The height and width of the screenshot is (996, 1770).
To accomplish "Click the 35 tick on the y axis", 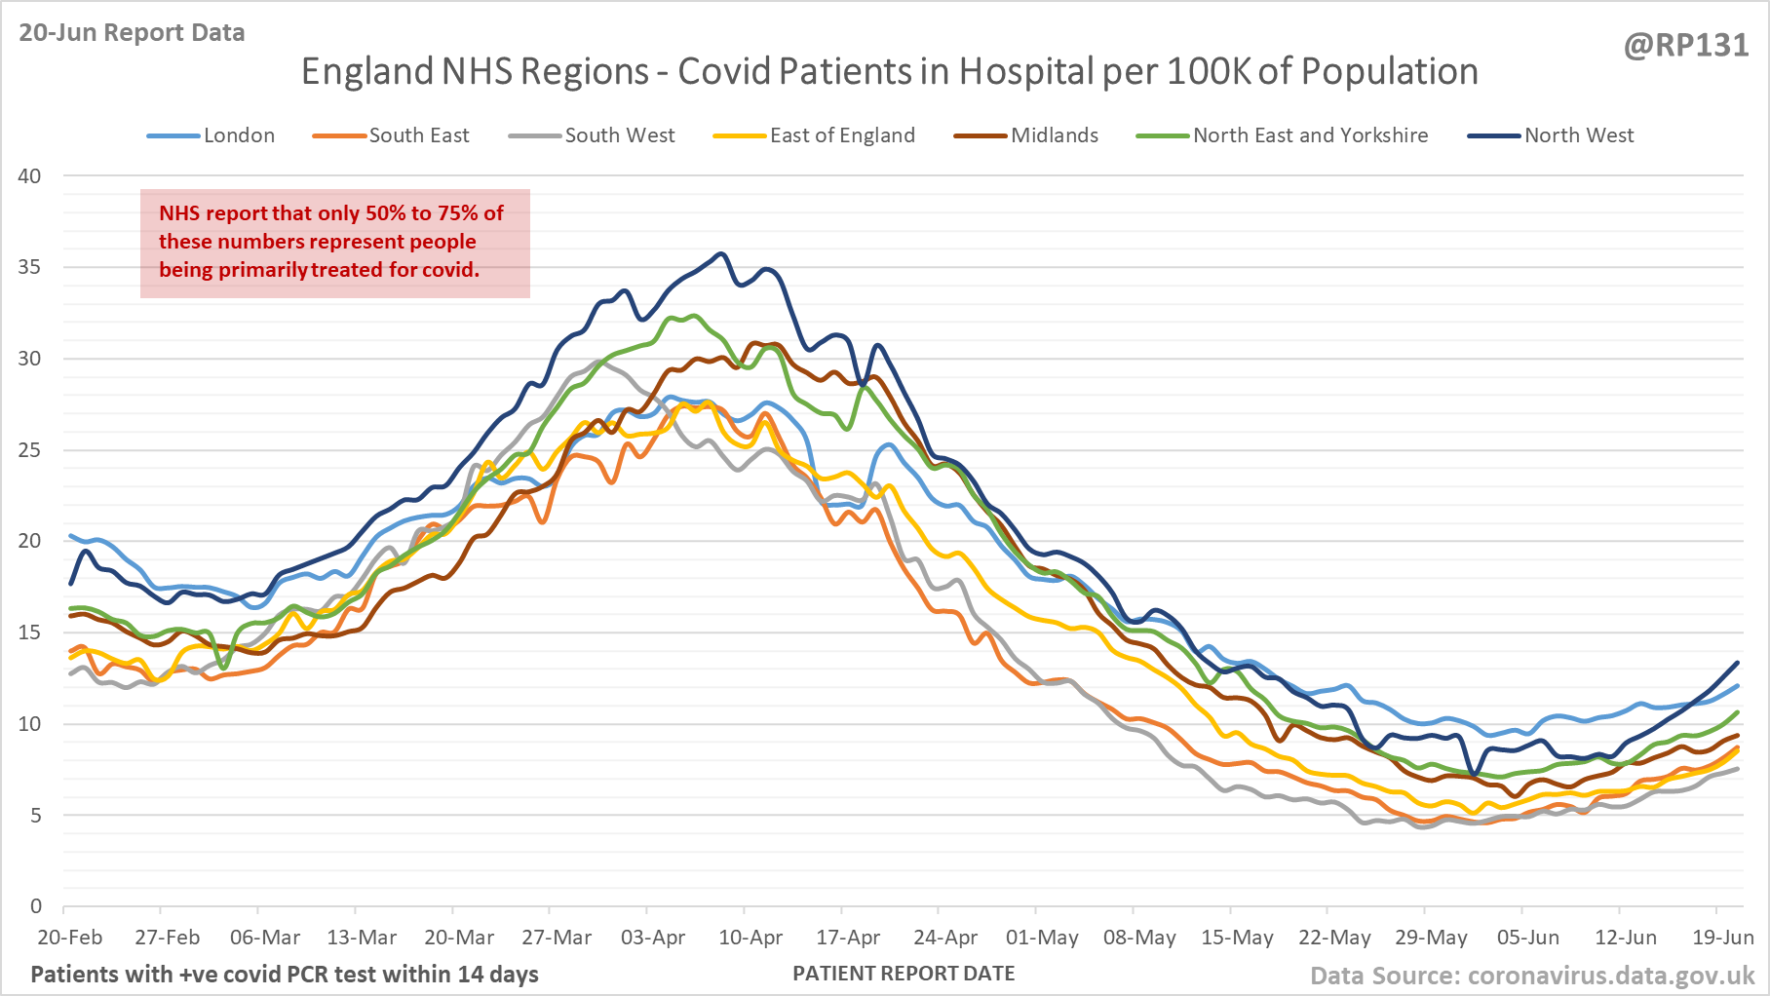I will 29,267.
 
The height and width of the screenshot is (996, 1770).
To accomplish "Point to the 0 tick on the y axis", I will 36,906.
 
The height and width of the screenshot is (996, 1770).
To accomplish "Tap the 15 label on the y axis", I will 29,632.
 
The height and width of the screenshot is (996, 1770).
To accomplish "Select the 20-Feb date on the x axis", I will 69,938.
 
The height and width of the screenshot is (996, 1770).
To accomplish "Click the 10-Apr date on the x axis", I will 750,938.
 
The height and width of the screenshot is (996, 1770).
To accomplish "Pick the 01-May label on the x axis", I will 1042,938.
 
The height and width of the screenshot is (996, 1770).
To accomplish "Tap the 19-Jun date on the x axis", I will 1722,938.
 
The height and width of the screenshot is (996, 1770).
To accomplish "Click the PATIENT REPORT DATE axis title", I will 904,974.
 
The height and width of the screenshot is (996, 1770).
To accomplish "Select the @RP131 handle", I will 1685,46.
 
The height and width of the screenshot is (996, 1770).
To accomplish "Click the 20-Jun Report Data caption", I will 132,32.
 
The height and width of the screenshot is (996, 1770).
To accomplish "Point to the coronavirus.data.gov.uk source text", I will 1610,976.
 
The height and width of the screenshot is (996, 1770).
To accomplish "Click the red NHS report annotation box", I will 334,243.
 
